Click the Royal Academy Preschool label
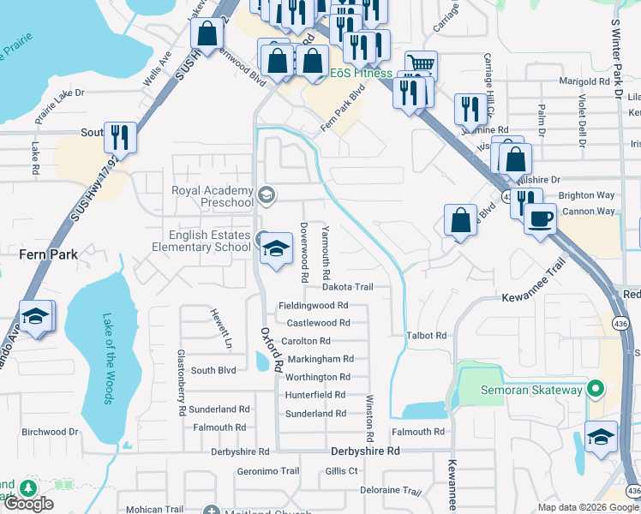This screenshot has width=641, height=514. coord(213,196)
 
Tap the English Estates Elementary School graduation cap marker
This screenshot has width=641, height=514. coord(276,249)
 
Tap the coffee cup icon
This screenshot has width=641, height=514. coord(539,218)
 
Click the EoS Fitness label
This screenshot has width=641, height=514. coord(361,73)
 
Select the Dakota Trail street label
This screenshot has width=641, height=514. coord(348,287)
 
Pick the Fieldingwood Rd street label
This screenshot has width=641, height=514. coord(314,305)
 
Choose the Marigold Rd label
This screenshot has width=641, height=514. coord(577,81)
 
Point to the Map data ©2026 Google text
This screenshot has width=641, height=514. coord(587,507)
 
